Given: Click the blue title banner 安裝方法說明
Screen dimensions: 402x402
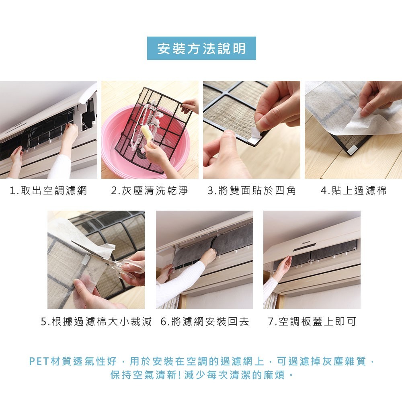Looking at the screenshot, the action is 201,48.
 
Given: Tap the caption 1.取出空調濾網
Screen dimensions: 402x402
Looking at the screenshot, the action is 49,191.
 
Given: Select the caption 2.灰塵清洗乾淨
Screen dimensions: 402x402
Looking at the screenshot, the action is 150,191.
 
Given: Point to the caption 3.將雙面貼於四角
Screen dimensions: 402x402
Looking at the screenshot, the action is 252,191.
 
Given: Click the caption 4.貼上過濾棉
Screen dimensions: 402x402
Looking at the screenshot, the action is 353,191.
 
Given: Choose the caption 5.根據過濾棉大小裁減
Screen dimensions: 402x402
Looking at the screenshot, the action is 96,321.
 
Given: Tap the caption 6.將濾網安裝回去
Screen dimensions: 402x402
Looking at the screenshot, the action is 205,321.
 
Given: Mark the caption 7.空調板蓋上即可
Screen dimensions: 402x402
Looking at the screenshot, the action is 312,321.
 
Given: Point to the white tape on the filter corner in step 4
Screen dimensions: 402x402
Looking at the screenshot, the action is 352,150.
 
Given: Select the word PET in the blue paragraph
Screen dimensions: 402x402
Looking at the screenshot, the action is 39,361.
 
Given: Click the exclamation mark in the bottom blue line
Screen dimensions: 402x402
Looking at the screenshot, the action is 179,375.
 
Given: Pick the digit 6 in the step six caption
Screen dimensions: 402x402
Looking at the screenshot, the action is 163,322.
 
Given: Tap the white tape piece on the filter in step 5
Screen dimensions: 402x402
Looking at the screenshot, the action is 86,259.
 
